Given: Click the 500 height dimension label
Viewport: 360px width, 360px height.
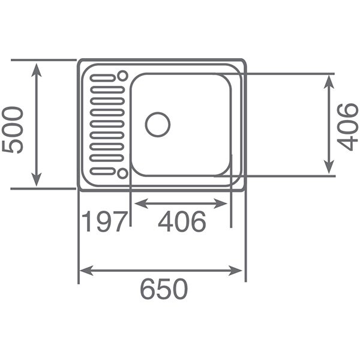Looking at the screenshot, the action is point(13,130).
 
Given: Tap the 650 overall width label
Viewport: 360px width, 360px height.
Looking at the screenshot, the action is point(164,289).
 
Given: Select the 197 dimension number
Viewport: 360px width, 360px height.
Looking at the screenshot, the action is point(104,221).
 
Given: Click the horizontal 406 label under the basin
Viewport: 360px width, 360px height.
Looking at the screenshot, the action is point(182,221).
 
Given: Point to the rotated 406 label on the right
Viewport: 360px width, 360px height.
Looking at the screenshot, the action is point(347,127).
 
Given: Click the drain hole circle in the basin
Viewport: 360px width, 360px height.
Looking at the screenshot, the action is point(157,125).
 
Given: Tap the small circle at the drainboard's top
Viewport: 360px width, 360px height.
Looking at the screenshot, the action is point(122,76).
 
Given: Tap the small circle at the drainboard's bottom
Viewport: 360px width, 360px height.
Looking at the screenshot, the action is point(122,173).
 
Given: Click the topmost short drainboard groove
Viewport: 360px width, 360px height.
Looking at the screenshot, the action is point(103,78).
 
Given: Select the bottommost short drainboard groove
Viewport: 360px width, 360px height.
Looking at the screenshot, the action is point(103,171).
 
